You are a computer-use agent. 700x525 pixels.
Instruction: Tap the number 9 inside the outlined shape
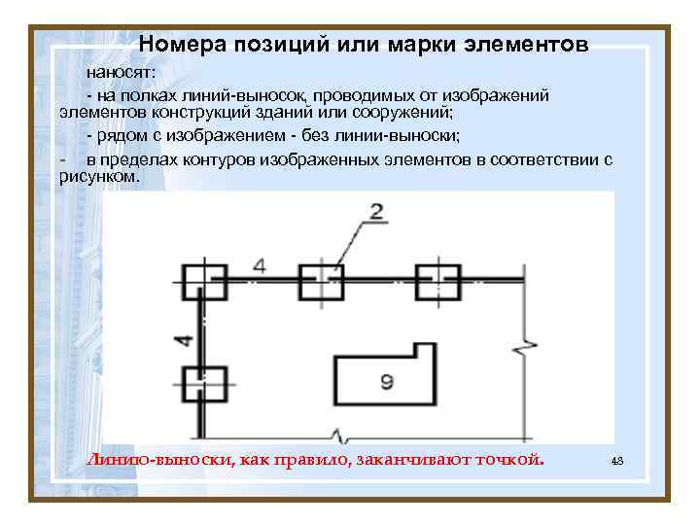(386, 383)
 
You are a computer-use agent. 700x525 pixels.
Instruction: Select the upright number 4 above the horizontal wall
(259, 264)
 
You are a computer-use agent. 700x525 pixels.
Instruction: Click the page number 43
(616, 460)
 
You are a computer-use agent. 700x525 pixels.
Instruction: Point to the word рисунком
(99, 178)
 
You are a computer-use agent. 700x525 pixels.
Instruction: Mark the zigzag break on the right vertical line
(527, 346)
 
